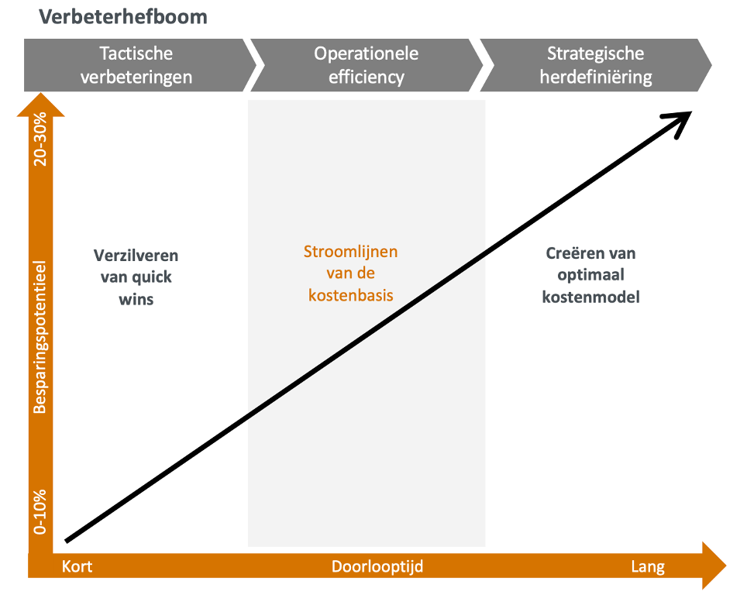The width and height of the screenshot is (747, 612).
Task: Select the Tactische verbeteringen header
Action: (x=136, y=65)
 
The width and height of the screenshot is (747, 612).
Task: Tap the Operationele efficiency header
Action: (x=366, y=65)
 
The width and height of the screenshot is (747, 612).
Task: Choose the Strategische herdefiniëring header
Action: (x=595, y=65)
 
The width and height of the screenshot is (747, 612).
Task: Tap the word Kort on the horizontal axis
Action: (x=77, y=566)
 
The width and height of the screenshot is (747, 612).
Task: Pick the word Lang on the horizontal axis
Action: (x=648, y=566)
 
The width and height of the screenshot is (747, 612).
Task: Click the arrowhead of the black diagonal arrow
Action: (x=681, y=119)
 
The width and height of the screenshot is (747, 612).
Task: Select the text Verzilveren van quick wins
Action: (x=136, y=277)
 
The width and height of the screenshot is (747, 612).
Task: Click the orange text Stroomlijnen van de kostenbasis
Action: (x=350, y=273)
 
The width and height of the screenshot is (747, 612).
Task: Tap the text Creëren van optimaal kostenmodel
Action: (x=591, y=275)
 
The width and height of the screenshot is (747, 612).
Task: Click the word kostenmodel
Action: (x=591, y=297)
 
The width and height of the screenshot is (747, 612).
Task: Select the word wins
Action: (x=136, y=299)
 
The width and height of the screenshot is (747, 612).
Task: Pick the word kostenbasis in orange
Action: (x=350, y=295)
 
